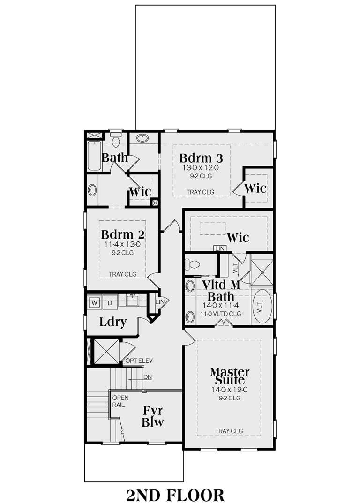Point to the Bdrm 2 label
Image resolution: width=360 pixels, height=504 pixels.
pyautogui.click(x=122, y=234)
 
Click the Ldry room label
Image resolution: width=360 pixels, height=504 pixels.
pyautogui.click(x=112, y=323)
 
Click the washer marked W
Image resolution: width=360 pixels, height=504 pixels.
pyautogui.click(x=94, y=302)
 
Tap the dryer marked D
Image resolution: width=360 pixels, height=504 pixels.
pyautogui.click(x=110, y=302)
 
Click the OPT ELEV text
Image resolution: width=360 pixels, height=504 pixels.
pyautogui.click(x=139, y=361)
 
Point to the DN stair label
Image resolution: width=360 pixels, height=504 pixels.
pyautogui.click(x=148, y=376)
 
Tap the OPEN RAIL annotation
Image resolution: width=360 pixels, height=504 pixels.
pyautogui.click(x=118, y=401)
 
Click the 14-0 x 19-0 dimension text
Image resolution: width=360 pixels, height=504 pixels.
pyautogui.click(x=229, y=389)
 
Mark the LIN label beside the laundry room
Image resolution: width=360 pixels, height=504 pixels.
pyautogui.click(x=160, y=302)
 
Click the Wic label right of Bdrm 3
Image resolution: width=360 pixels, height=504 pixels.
pyautogui.click(x=255, y=188)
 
